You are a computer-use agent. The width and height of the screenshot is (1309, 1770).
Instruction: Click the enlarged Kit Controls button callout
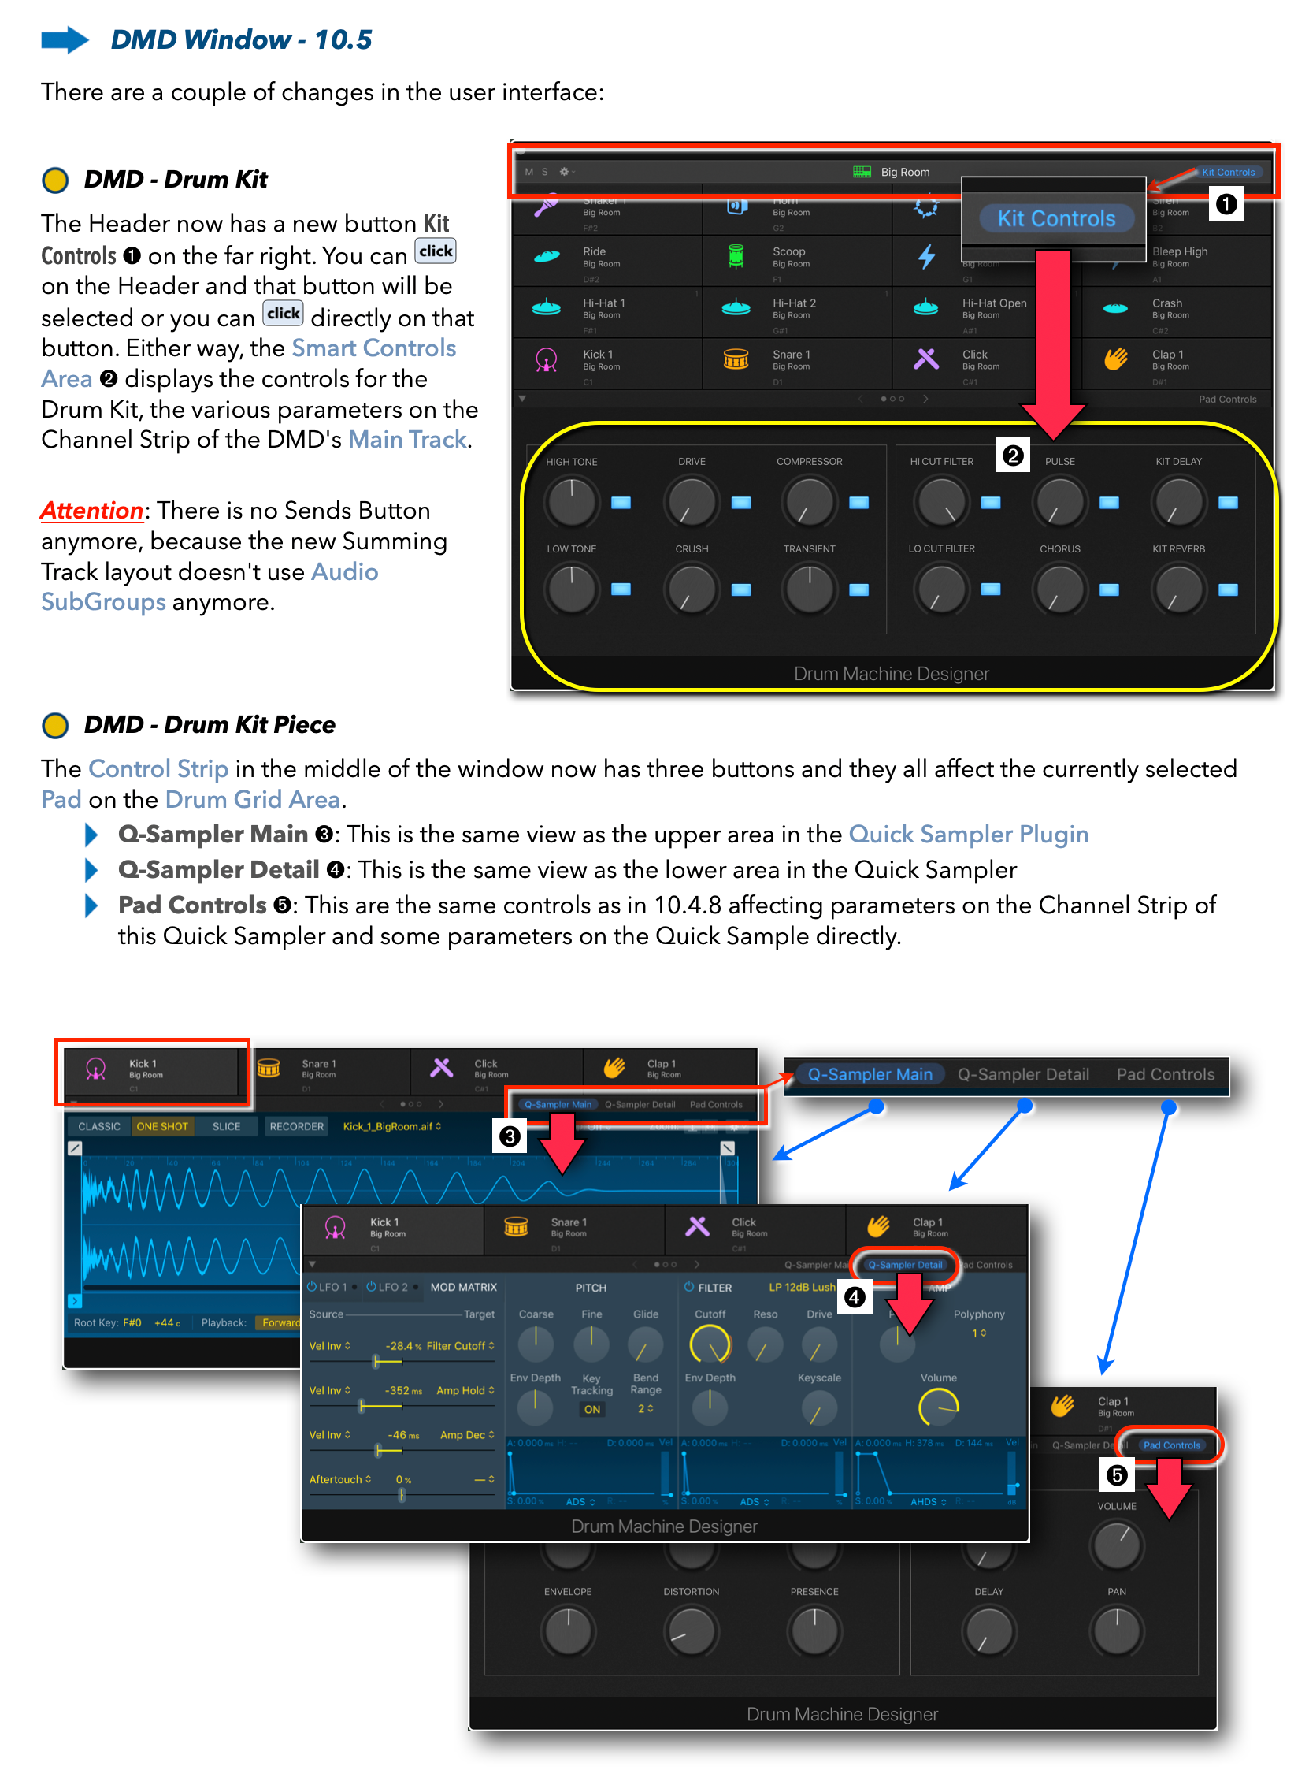coord(1055,218)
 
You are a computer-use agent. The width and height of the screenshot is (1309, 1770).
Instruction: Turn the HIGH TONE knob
coord(570,501)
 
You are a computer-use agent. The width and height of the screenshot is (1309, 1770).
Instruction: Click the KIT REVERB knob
coord(1178,589)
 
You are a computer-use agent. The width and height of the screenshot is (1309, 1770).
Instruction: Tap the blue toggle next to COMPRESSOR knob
coord(858,502)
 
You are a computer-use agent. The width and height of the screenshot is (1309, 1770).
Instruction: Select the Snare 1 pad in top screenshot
coord(792,361)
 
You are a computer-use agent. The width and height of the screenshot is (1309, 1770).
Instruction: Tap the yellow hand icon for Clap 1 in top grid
coord(1115,359)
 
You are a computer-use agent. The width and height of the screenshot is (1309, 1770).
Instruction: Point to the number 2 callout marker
coord(1012,455)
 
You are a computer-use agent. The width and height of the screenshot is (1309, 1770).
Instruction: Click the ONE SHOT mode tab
coord(161,1125)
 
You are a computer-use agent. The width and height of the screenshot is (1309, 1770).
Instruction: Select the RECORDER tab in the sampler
coord(296,1125)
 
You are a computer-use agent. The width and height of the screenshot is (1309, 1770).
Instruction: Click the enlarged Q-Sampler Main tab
coord(870,1074)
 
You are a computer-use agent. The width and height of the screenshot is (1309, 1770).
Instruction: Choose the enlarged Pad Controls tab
coord(1165,1074)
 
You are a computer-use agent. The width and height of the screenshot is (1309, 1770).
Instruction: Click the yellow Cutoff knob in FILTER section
coord(709,1344)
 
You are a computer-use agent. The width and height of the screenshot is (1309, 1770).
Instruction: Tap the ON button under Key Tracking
coord(592,1408)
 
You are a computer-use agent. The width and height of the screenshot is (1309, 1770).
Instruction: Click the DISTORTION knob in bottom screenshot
coord(691,1631)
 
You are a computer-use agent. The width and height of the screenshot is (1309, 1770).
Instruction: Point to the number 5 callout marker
coord(1117,1475)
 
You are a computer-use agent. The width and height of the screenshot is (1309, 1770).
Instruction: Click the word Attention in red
coord(92,511)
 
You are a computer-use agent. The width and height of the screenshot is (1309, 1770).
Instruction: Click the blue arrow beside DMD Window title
coord(65,39)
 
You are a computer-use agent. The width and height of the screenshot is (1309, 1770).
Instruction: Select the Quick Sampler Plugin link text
coord(967,834)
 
